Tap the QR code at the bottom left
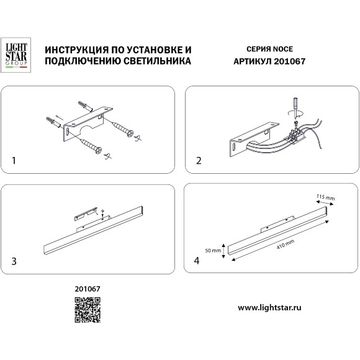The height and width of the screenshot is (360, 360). click(88, 310)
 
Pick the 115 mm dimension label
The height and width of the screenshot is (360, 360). click(325, 198)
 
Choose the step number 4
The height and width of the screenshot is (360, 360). click(197, 261)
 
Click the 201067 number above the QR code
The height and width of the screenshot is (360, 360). click(88, 289)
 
